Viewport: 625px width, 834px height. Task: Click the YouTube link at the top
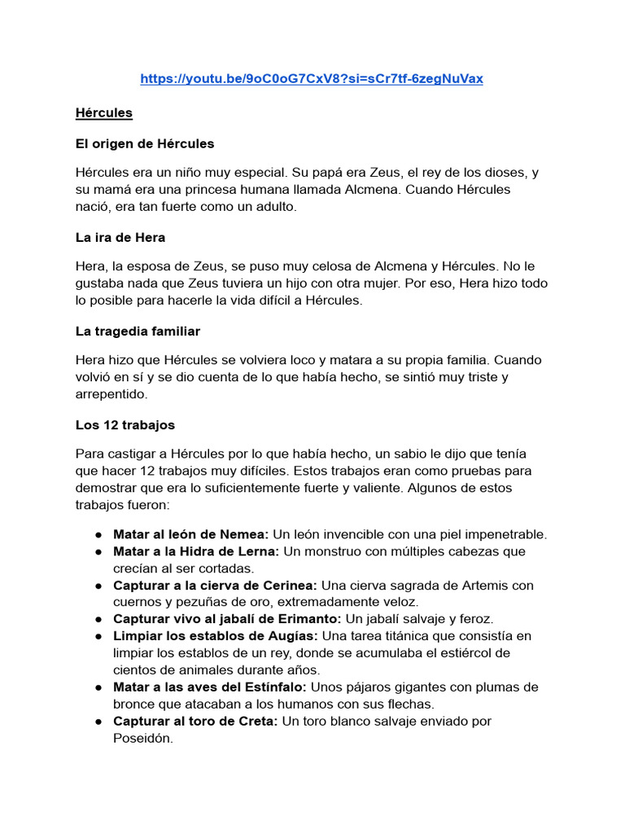[x=312, y=79]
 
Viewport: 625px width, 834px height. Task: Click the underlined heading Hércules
[x=103, y=112]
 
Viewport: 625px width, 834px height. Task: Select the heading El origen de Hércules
[x=144, y=143]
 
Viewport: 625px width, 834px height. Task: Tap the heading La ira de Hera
[x=120, y=237]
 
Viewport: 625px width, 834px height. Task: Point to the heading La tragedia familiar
[x=138, y=331]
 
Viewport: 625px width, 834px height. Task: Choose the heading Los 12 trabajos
[x=125, y=425]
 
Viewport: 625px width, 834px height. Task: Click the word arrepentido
[x=111, y=393]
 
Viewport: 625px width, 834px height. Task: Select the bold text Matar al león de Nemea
[x=191, y=534]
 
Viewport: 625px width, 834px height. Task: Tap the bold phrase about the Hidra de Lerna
[x=196, y=551]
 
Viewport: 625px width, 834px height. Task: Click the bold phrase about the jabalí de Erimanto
[x=227, y=619]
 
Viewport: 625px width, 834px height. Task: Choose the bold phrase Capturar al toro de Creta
[x=196, y=722]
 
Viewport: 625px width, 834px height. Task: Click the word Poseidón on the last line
[x=143, y=739]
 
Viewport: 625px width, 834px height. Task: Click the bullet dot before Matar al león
[x=98, y=535]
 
